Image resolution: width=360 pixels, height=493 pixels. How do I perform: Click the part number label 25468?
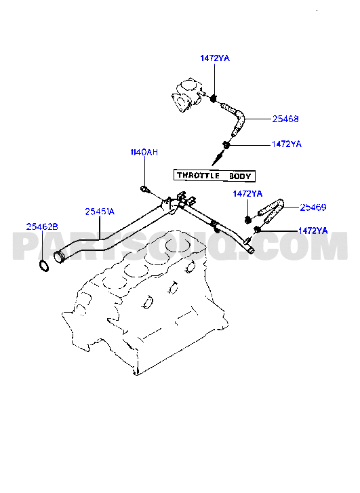point(285,119)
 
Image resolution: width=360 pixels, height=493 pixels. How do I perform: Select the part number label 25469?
point(313,208)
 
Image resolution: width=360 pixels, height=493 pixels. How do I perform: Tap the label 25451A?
point(100,212)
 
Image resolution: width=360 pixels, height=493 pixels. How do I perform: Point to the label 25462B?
point(42,226)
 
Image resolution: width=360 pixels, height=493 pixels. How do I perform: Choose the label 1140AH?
point(144,152)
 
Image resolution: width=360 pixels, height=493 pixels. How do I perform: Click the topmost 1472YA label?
point(215,58)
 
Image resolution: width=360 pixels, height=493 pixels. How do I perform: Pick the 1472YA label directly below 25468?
point(286,144)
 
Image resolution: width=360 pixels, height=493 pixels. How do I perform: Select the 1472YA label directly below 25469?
point(313,231)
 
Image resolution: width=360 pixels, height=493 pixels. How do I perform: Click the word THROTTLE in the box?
point(198,175)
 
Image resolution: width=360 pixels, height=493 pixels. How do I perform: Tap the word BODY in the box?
point(240,176)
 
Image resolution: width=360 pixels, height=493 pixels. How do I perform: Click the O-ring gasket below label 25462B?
point(44,266)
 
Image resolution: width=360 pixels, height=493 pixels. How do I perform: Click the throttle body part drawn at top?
point(187,94)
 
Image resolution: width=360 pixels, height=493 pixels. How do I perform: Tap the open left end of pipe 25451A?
point(58,256)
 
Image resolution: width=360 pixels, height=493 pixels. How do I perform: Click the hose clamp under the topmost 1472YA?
point(214,98)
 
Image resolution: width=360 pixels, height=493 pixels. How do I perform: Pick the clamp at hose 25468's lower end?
point(226,145)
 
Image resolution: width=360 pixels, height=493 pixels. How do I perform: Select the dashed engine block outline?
point(144,302)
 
